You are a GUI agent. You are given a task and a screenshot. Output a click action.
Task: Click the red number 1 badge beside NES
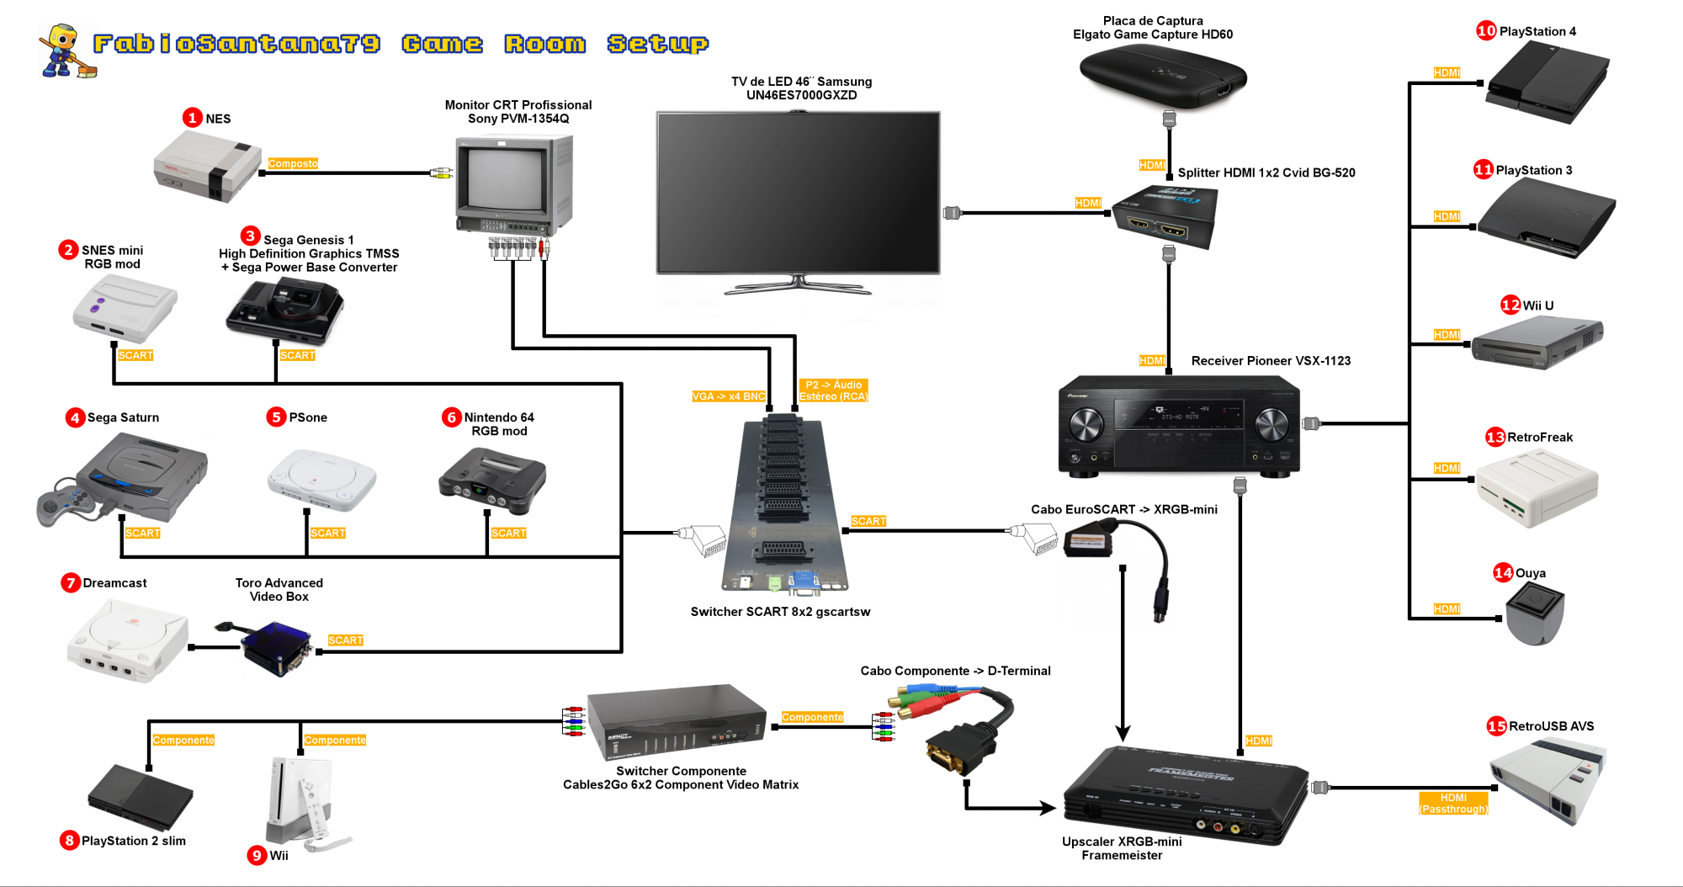point(193,118)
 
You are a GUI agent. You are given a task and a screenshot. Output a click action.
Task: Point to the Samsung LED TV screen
point(798,192)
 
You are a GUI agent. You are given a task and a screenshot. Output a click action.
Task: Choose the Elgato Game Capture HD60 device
point(1162,77)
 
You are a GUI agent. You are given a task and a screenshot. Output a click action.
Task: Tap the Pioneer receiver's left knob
point(1086,425)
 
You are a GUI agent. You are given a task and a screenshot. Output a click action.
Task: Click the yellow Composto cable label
point(293,163)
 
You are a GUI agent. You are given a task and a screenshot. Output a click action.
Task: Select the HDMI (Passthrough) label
point(1453,804)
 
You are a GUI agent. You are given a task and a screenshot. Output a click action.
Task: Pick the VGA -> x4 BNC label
point(729,396)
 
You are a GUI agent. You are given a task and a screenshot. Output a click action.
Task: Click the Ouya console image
point(1535,613)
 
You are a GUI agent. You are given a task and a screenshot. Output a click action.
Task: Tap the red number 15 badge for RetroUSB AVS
point(1496,726)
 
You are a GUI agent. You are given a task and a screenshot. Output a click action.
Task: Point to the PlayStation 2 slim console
point(141,796)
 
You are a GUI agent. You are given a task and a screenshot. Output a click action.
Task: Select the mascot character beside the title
point(65,50)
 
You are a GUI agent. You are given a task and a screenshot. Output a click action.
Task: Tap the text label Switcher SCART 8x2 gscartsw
point(780,612)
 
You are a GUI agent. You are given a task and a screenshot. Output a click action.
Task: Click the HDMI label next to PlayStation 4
point(1447,73)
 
